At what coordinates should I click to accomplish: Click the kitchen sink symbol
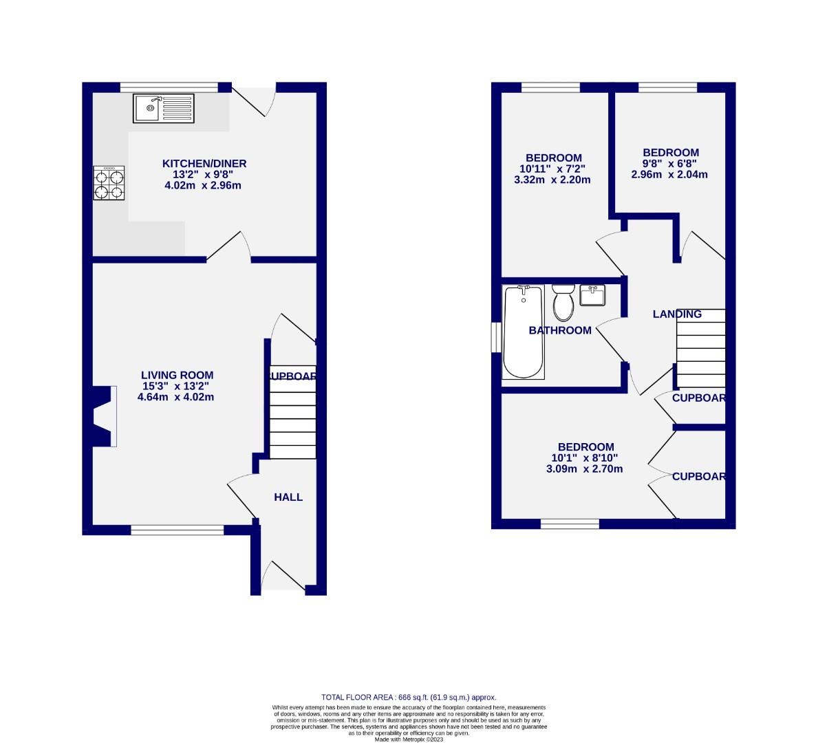coord(164,109)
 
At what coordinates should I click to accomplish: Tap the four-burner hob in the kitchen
coord(109,183)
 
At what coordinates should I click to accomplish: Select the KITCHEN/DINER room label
coord(204,164)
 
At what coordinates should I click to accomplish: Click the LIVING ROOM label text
coord(177,375)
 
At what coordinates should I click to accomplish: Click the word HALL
coord(288,497)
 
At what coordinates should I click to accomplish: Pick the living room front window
coord(177,530)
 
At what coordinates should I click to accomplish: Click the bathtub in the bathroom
coord(524,332)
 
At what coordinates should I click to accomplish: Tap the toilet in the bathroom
coord(563,303)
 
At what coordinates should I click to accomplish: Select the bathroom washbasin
coord(592,296)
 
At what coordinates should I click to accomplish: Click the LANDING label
coord(677,314)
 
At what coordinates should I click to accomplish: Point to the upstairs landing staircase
coord(701,348)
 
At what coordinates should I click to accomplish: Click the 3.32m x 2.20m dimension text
coord(552,180)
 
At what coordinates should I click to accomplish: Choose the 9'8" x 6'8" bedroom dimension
coord(671,164)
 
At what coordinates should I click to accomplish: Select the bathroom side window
coord(495,337)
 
